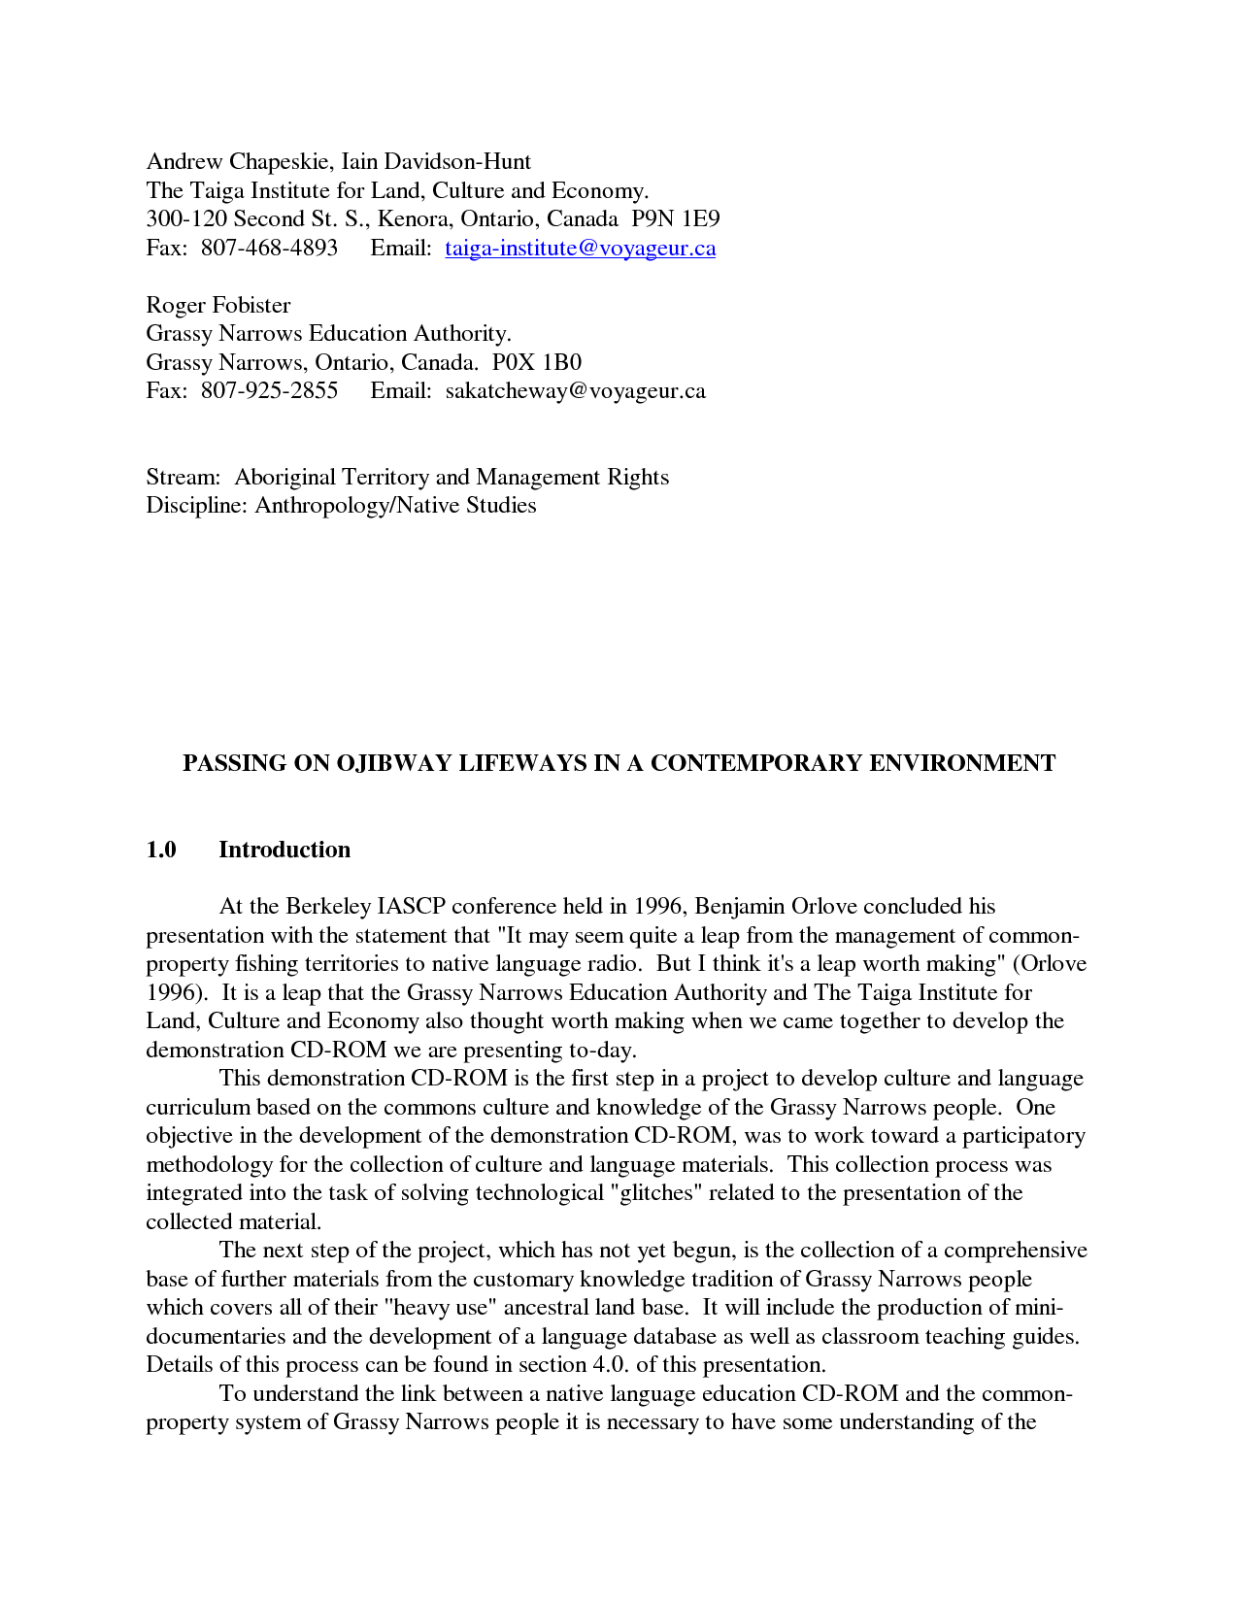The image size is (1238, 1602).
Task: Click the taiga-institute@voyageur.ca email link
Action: coord(580,248)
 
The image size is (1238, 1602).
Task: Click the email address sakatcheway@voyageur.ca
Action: coord(575,391)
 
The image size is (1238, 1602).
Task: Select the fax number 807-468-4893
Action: coord(269,248)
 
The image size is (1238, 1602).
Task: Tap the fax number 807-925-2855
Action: coord(269,391)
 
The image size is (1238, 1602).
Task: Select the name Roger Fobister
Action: coord(217,305)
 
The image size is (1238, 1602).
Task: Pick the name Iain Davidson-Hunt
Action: coord(436,161)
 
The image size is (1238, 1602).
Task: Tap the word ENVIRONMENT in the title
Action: coord(961,763)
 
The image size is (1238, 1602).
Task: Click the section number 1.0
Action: coord(161,850)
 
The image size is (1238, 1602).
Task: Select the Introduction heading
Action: coord(284,850)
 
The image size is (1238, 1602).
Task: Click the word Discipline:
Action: coord(197,505)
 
